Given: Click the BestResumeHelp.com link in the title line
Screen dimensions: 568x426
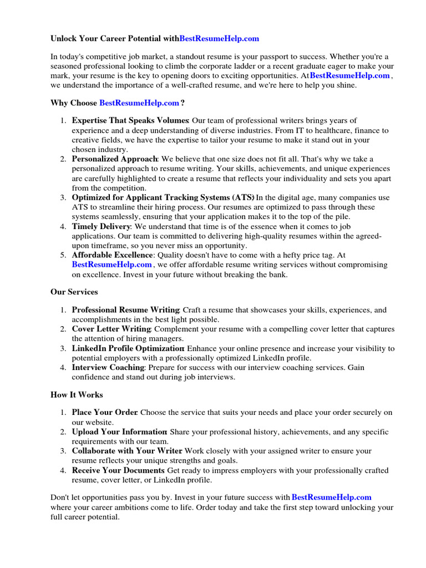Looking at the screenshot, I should click(220, 39).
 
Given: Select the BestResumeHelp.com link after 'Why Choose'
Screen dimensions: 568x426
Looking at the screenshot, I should click(139, 103).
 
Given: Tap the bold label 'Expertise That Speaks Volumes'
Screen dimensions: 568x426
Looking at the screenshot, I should click(130, 120).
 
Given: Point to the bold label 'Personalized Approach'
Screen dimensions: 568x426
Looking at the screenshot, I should click(115, 159).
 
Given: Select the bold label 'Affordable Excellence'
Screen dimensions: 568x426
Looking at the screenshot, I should click(113, 255).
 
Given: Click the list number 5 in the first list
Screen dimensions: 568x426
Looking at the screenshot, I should click(63, 255).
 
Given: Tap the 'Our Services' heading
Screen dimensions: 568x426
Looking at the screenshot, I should click(74, 292).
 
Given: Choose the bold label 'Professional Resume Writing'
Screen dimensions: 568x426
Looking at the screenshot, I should click(125, 310).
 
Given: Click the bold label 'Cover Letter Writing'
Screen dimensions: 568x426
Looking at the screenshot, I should click(111, 329).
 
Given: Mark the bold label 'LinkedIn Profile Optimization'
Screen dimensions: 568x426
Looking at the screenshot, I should click(128, 348).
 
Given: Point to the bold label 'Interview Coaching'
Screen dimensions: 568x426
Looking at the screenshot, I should click(108, 367).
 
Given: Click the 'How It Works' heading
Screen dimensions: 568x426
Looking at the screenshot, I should click(77, 395).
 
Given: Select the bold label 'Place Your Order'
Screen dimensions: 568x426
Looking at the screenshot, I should click(105, 412).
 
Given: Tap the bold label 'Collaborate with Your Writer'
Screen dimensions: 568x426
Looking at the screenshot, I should click(127, 451).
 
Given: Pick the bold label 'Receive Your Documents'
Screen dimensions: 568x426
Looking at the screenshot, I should click(119, 470).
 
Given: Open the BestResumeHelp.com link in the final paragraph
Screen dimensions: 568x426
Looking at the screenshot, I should click(332, 498).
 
